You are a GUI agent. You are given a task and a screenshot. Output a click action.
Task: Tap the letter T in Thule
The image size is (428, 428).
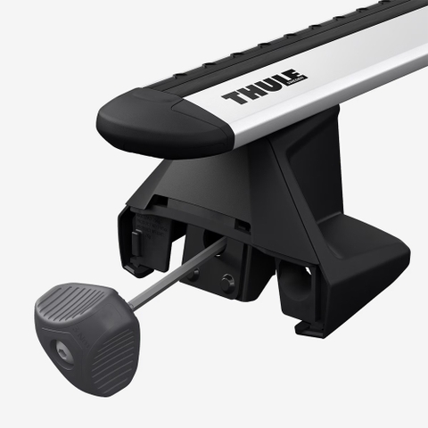234,97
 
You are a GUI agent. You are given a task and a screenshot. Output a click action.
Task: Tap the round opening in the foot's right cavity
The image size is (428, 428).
305,273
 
